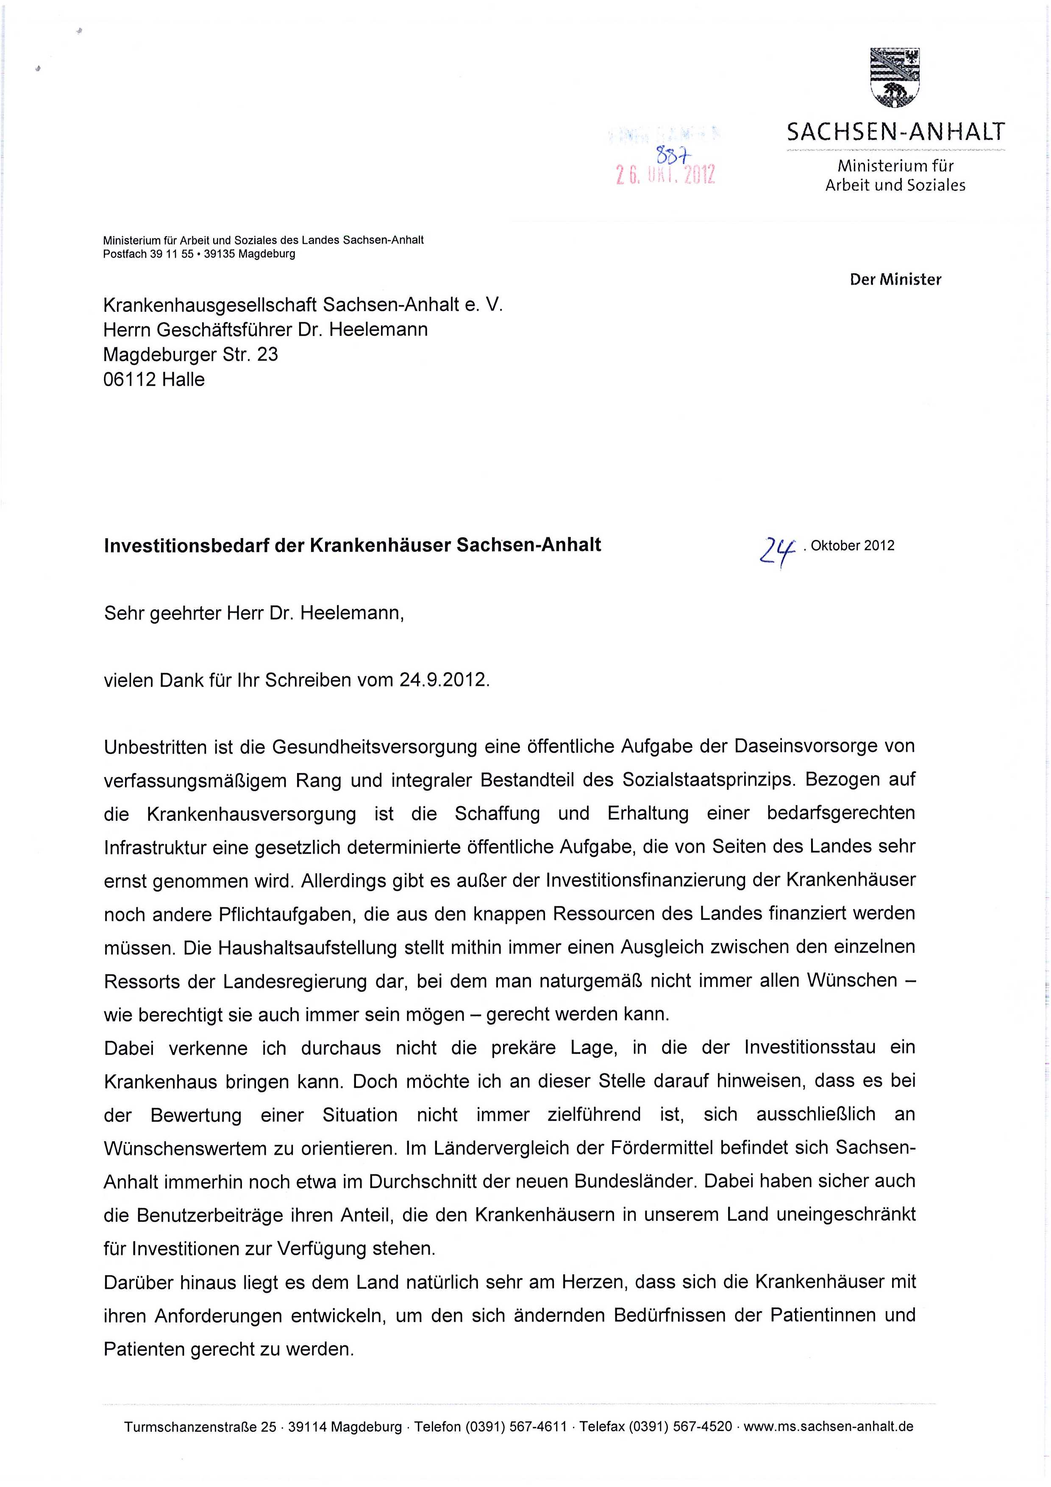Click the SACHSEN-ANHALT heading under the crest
(895, 133)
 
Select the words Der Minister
(895, 280)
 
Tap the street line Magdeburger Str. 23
(190, 354)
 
